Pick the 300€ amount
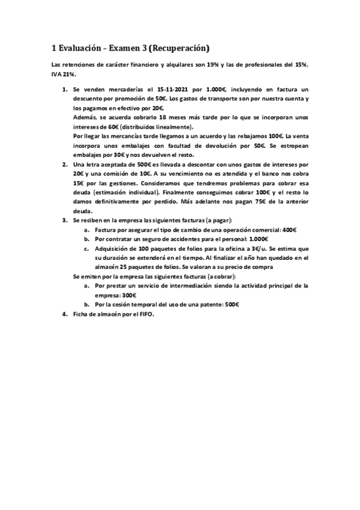point(129,295)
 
